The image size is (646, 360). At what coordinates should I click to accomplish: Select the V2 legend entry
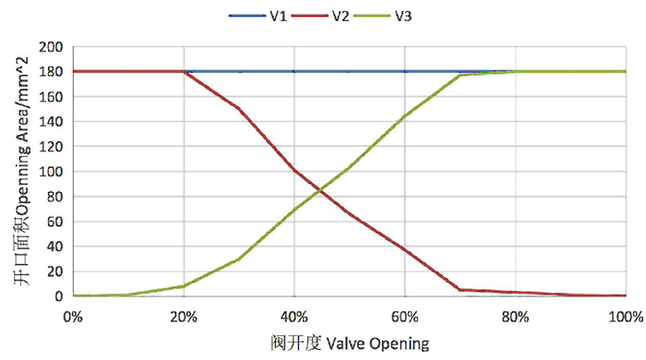pos(341,16)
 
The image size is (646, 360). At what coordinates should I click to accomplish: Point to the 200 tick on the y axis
pos(52,46)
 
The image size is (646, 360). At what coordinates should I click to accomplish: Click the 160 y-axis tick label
pos(52,96)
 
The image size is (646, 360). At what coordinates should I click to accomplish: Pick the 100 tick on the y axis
pos(52,171)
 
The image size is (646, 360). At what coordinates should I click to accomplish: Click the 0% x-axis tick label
pos(73,316)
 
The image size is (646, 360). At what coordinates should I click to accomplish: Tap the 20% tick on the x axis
pos(184,316)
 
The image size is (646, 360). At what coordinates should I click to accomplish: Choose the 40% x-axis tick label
pos(294,316)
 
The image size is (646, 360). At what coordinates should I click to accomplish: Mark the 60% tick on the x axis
pos(405,316)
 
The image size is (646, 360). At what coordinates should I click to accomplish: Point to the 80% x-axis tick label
pos(516,316)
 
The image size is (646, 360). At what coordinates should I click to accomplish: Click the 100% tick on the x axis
pos(625,316)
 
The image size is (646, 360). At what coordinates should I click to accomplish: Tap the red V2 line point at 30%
pos(239,108)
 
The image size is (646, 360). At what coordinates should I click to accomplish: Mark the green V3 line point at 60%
pos(405,116)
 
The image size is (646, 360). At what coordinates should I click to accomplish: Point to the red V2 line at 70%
pos(461,290)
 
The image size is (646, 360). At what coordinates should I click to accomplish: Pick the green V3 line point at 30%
pos(239,258)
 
